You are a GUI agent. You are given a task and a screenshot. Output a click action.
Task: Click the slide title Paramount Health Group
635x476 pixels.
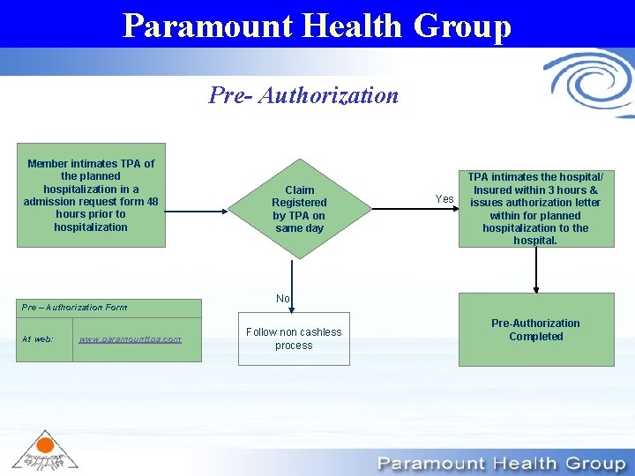coord(317,25)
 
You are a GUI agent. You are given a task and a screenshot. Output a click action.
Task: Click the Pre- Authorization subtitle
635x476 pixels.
coord(303,94)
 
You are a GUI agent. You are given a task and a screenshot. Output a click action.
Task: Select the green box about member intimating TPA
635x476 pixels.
coord(91,195)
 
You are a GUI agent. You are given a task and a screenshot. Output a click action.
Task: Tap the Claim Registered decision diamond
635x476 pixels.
coord(299,209)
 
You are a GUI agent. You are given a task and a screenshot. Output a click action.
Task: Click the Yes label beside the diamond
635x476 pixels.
coord(444,199)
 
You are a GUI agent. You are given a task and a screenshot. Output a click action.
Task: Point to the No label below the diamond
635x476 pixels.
coord(282,299)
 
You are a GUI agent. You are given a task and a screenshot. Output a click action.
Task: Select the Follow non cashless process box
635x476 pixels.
coord(294,338)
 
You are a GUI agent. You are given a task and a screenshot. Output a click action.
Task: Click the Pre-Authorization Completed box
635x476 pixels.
coord(535,330)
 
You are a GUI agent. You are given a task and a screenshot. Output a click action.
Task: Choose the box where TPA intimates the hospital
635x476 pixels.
coord(535,209)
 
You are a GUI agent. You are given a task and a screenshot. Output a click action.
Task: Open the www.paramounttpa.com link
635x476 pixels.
coord(130,339)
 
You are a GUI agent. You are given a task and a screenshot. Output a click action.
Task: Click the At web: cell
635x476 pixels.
coord(39,339)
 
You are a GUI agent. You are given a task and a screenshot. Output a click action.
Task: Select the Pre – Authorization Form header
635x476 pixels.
coord(75,308)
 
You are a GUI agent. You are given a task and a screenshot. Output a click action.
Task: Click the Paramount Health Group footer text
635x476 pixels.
coord(501,464)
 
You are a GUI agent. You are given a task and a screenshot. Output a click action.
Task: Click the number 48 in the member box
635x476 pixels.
coord(153,201)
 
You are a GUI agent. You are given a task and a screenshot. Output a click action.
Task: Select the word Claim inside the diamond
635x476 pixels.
coord(299,190)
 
